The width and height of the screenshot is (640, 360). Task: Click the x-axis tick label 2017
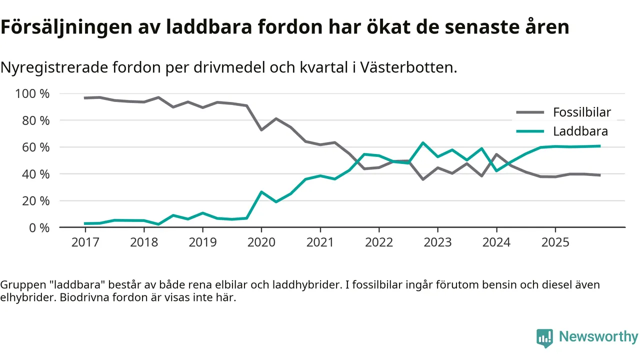85,242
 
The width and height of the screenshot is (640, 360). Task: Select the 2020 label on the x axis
261,242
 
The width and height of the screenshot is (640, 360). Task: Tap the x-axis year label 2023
437,242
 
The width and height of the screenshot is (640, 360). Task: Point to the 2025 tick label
555,242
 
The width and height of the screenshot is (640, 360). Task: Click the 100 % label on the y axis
32,94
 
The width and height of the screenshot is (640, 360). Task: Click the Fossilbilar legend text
581,112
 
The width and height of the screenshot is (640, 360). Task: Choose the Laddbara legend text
580,131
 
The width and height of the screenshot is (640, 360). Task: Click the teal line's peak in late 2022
423,143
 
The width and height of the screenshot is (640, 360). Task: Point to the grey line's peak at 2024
496,154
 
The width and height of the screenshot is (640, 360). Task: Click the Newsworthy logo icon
544,338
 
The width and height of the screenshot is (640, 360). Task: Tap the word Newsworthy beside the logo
598,337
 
